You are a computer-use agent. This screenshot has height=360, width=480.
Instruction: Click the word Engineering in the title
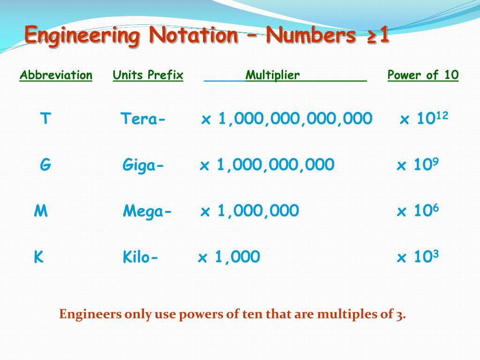pyautogui.click(x=82, y=36)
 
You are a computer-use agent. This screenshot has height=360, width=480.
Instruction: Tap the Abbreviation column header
pyautogui.click(x=56, y=75)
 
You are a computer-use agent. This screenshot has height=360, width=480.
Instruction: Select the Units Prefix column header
pyautogui.click(x=148, y=75)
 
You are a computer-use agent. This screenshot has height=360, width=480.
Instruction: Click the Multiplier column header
pyautogui.click(x=273, y=75)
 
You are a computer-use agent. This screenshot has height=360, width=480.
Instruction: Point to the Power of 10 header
pyautogui.click(x=423, y=75)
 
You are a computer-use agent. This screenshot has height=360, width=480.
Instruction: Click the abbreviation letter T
pyautogui.click(x=45, y=119)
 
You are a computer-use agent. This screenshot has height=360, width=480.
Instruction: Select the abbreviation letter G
pyautogui.click(x=45, y=165)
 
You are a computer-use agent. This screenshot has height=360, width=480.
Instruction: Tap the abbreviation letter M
pyautogui.click(x=41, y=211)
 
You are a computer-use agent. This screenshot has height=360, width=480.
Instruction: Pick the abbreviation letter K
pyautogui.click(x=38, y=257)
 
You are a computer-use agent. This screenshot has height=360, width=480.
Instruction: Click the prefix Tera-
pyautogui.click(x=143, y=119)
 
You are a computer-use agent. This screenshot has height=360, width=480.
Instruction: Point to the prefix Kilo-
pyautogui.click(x=141, y=257)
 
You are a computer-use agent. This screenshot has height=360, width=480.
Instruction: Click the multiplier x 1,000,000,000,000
pyautogui.click(x=287, y=119)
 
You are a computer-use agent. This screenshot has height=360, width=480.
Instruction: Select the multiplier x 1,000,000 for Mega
pyautogui.click(x=250, y=211)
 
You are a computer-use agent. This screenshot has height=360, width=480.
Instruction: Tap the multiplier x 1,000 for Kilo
pyautogui.click(x=229, y=257)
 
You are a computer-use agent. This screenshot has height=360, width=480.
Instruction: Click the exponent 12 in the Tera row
pyautogui.click(x=442, y=115)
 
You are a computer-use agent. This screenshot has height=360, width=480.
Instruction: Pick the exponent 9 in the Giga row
pyautogui.click(x=435, y=161)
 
